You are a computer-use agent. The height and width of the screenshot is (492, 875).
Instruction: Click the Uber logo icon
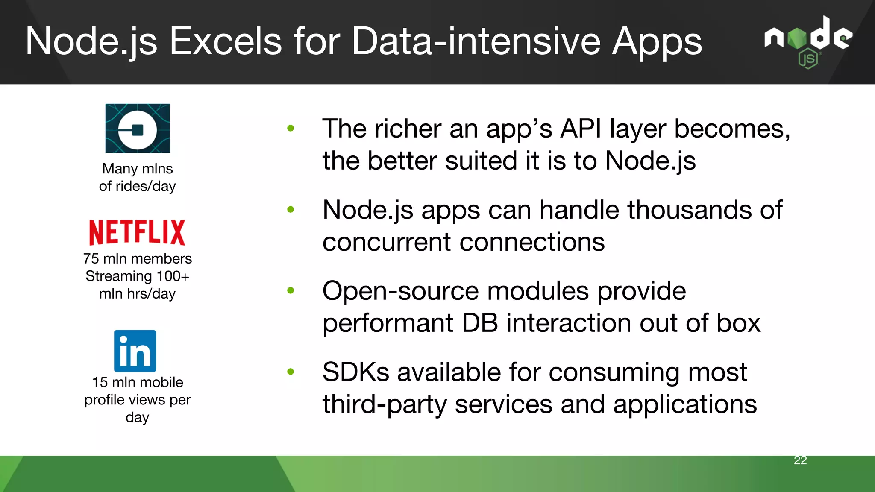[x=137, y=128]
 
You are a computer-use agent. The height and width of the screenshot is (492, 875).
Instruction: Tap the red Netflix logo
[x=137, y=232]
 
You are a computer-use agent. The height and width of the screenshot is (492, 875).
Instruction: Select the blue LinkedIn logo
[x=135, y=351]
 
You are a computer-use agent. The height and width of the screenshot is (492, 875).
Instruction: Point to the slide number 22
[x=800, y=460]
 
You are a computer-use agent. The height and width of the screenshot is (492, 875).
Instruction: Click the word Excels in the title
[x=226, y=41]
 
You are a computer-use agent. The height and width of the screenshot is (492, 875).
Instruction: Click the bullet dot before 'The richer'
[x=291, y=128]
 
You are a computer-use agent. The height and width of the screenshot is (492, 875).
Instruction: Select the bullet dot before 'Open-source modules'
[x=291, y=290]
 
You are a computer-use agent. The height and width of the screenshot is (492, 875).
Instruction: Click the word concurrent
[x=387, y=242]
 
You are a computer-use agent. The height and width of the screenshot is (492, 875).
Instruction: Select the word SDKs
[x=355, y=372]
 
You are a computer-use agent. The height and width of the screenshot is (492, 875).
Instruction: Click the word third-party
[x=384, y=404]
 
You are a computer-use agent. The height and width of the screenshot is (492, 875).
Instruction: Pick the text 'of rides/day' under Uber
[x=137, y=186]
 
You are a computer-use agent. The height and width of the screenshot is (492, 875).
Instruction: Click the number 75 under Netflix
[x=91, y=259]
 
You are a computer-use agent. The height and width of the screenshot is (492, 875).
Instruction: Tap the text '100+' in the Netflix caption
[x=173, y=276]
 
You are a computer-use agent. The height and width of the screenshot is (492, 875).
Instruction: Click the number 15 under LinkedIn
[x=100, y=382]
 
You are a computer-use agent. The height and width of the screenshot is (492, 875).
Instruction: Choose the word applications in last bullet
[x=684, y=404]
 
